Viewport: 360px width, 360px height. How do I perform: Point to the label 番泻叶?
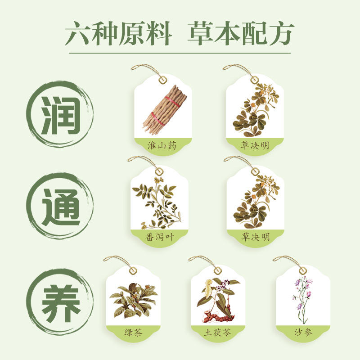click(159, 237)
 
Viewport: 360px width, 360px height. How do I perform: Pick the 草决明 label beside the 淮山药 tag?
click(255, 145)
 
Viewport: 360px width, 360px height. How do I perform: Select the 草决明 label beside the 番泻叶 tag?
click(255, 237)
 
